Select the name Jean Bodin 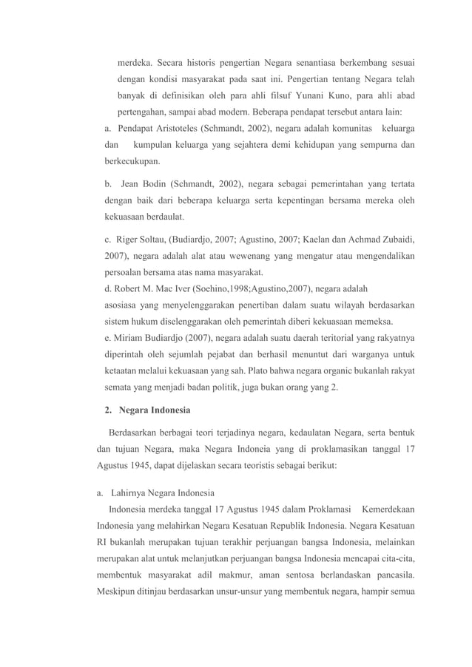point(141,183)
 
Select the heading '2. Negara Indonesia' point(147,410)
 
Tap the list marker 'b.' point(108,183)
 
